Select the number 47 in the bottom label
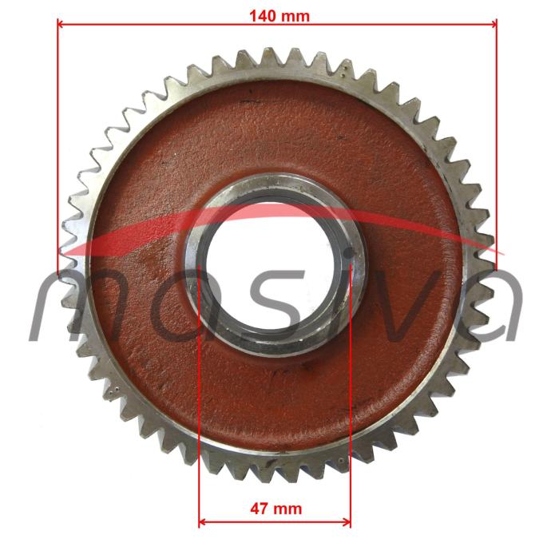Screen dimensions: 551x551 tap(260, 509)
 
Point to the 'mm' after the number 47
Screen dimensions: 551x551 tap(287, 509)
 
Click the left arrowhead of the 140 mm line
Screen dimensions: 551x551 tap(61, 24)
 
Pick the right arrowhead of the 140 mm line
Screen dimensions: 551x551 tap(493, 24)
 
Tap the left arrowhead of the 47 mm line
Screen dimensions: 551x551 tap(203, 522)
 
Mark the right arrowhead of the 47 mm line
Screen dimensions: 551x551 tap(347, 522)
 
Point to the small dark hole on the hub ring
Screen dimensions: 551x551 tap(349, 252)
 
